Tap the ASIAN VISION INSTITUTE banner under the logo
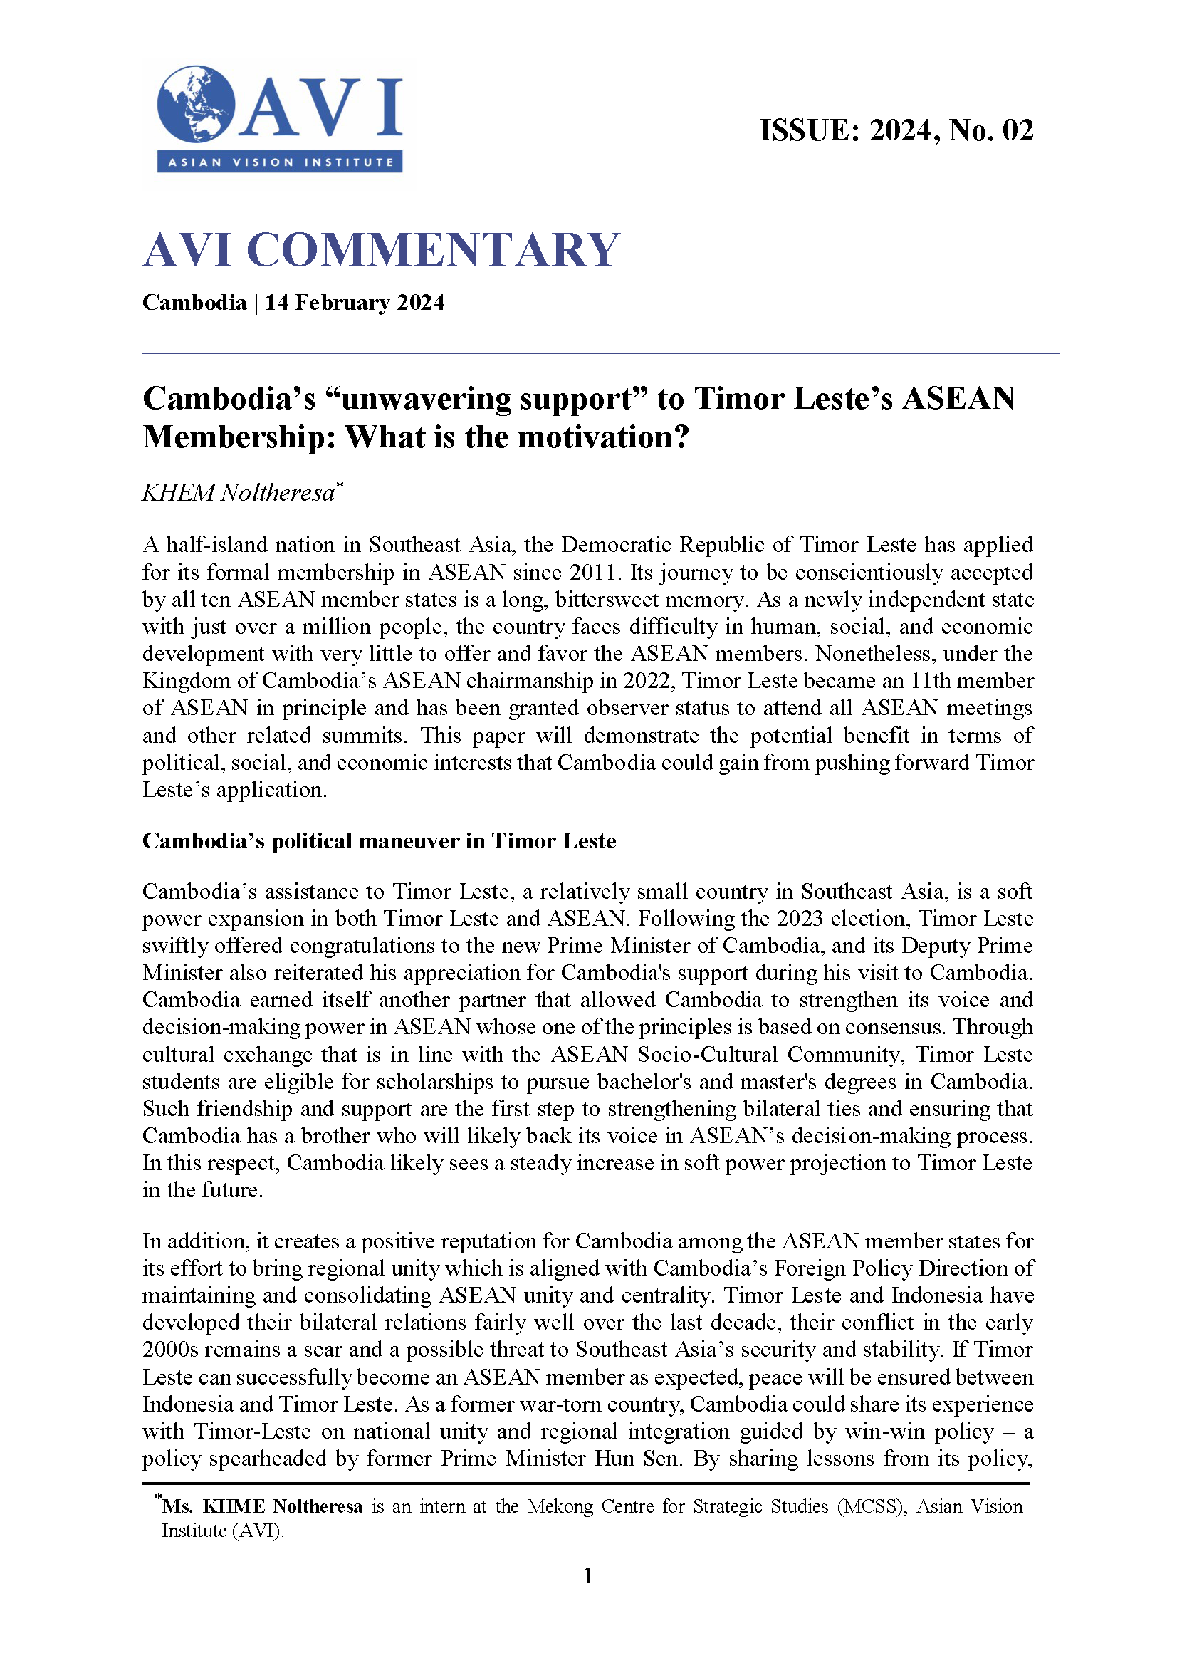pos(280,162)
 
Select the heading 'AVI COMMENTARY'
pos(381,250)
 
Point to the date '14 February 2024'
pos(355,302)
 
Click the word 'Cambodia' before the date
pos(194,302)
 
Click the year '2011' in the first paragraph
pos(595,573)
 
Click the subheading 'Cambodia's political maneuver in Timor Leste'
pos(379,841)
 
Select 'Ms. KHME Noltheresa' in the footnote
pos(262,1506)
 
